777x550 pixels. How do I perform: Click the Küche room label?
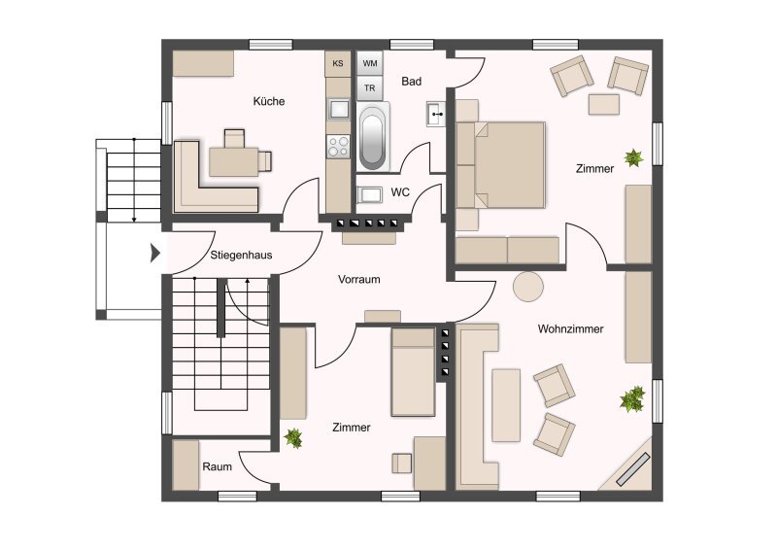click(269, 101)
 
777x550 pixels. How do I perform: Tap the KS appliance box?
click(338, 63)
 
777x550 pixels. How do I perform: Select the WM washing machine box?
click(370, 63)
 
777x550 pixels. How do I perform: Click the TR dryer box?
click(370, 88)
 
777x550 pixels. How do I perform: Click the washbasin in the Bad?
click(435, 114)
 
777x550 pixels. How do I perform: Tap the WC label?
click(400, 192)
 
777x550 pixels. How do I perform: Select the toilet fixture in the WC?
click(369, 194)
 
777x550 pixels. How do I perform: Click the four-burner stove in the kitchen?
click(338, 147)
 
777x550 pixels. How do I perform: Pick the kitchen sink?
click(338, 109)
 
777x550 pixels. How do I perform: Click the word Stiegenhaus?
click(241, 256)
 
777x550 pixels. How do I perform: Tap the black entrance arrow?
click(155, 253)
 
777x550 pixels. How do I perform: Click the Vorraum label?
click(358, 279)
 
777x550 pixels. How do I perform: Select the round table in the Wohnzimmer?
click(527, 286)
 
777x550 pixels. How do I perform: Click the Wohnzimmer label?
click(570, 328)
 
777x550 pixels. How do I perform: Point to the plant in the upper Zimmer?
click(633, 158)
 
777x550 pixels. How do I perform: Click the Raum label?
click(217, 466)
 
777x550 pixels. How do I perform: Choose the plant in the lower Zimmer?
click(293, 438)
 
